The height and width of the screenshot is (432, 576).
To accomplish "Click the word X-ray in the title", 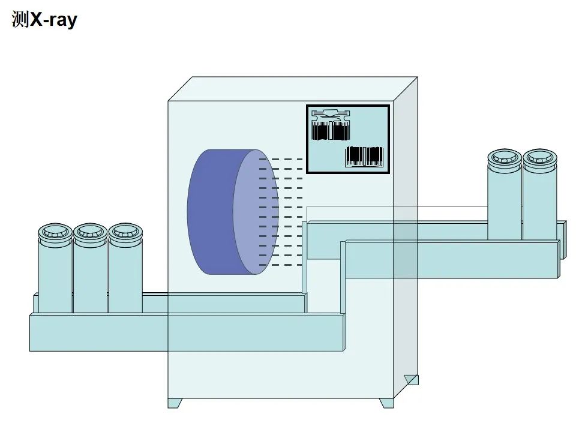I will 54,20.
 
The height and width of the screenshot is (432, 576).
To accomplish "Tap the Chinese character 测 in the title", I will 20,20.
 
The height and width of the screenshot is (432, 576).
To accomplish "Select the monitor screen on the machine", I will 348,139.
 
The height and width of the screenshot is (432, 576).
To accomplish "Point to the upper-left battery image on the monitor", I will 330,128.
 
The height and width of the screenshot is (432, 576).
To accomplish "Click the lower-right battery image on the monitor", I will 364,156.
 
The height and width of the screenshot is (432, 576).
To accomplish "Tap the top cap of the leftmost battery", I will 55,231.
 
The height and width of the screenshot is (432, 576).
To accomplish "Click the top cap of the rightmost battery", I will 540,157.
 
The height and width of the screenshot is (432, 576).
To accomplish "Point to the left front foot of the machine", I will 175,403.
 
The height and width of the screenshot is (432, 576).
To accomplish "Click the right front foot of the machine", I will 387,403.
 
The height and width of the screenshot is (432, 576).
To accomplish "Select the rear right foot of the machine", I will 412,379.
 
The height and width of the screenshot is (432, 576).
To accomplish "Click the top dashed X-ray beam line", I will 281,160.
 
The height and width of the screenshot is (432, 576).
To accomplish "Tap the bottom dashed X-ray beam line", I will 281,265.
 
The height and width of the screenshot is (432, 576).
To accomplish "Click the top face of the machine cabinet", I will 293,89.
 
